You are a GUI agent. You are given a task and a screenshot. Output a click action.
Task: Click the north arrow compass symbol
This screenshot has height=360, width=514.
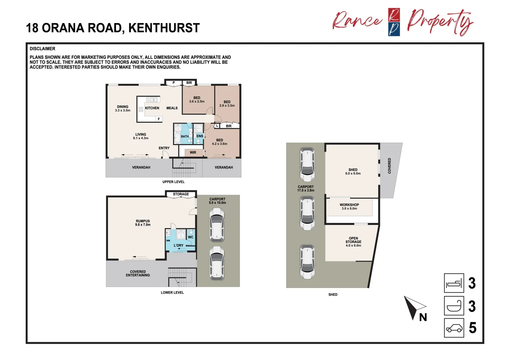[x=413, y=307]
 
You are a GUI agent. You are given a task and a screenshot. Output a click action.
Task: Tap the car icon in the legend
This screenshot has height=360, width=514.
[x=454, y=328]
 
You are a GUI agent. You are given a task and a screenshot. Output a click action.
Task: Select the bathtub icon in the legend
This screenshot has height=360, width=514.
[x=454, y=306]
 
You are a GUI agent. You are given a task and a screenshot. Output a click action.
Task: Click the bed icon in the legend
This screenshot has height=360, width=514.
[x=454, y=283]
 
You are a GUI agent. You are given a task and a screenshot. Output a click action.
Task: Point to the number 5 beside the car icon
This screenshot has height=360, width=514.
[x=472, y=328]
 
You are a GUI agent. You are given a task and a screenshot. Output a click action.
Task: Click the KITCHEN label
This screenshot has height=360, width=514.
[x=152, y=108]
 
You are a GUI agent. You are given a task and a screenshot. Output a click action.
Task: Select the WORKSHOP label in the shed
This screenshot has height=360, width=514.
[x=349, y=205]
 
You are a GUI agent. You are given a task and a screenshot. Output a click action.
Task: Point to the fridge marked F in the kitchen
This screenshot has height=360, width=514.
[x=159, y=119]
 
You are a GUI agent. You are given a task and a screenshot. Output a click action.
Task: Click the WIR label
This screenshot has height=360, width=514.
[x=193, y=153]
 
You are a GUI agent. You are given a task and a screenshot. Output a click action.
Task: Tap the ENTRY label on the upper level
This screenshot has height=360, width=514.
[x=164, y=148]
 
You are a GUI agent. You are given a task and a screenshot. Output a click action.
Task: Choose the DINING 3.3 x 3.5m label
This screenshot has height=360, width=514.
[x=123, y=109]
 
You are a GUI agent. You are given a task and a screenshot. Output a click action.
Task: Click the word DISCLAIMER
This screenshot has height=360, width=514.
[x=42, y=49]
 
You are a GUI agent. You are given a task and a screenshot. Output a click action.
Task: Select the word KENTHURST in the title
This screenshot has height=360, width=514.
[x=164, y=28]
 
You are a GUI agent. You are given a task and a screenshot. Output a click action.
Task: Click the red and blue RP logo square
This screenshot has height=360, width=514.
[x=394, y=22]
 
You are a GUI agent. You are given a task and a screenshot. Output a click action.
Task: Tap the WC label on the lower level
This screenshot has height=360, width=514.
[x=191, y=237]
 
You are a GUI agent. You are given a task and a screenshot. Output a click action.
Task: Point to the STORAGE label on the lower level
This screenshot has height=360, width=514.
[x=181, y=194]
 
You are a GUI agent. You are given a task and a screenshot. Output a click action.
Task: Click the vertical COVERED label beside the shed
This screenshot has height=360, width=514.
[x=389, y=166]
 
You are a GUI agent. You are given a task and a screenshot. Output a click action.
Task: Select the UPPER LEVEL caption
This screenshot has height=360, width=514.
[x=173, y=182]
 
